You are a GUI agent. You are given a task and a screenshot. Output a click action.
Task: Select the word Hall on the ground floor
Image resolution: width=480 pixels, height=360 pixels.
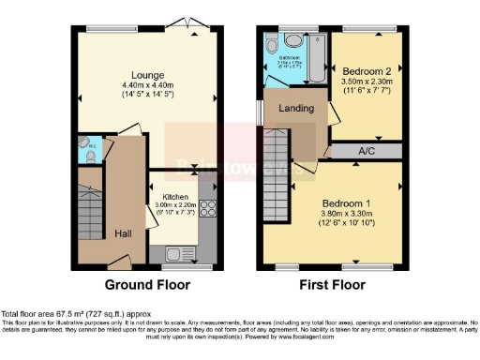tap(124, 233)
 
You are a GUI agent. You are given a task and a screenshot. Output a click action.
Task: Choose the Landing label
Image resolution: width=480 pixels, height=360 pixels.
tap(295, 108)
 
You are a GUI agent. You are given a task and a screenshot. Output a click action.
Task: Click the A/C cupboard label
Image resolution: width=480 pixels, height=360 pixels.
tap(366, 150)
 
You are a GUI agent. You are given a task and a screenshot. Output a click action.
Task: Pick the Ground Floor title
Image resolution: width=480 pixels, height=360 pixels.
tap(147, 284)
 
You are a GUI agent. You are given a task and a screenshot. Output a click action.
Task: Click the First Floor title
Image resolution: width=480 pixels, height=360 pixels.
tap(333, 284)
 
